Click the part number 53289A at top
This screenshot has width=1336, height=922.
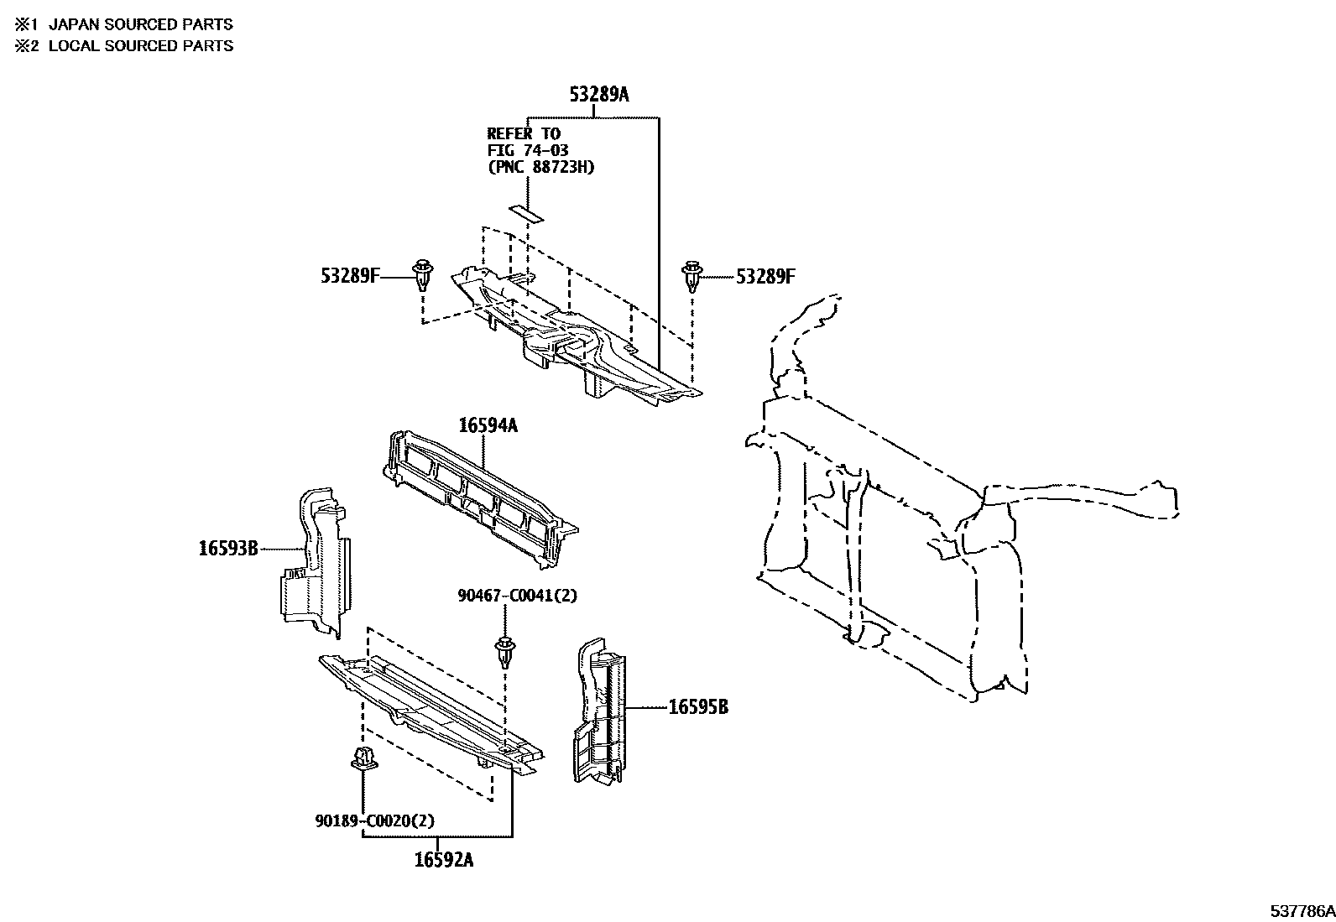pos(598,95)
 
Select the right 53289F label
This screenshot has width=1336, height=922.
pos(765,276)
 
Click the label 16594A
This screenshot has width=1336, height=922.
pos(488,426)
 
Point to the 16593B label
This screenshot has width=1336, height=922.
pos(228,549)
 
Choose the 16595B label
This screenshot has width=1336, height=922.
pos(698,708)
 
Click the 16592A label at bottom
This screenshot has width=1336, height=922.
pos(443,860)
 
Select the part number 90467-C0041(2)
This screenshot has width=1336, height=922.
pos(518,596)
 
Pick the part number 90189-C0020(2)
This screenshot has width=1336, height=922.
pos(375,820)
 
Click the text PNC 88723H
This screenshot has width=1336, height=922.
pos(541,167)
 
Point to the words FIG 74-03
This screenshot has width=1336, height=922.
pos(528,150)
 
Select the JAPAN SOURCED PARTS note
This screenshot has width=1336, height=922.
pos(140,25)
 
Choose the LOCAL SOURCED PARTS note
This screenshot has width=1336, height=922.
pos(140,46)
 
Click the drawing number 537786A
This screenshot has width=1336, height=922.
pos(1301,911)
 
